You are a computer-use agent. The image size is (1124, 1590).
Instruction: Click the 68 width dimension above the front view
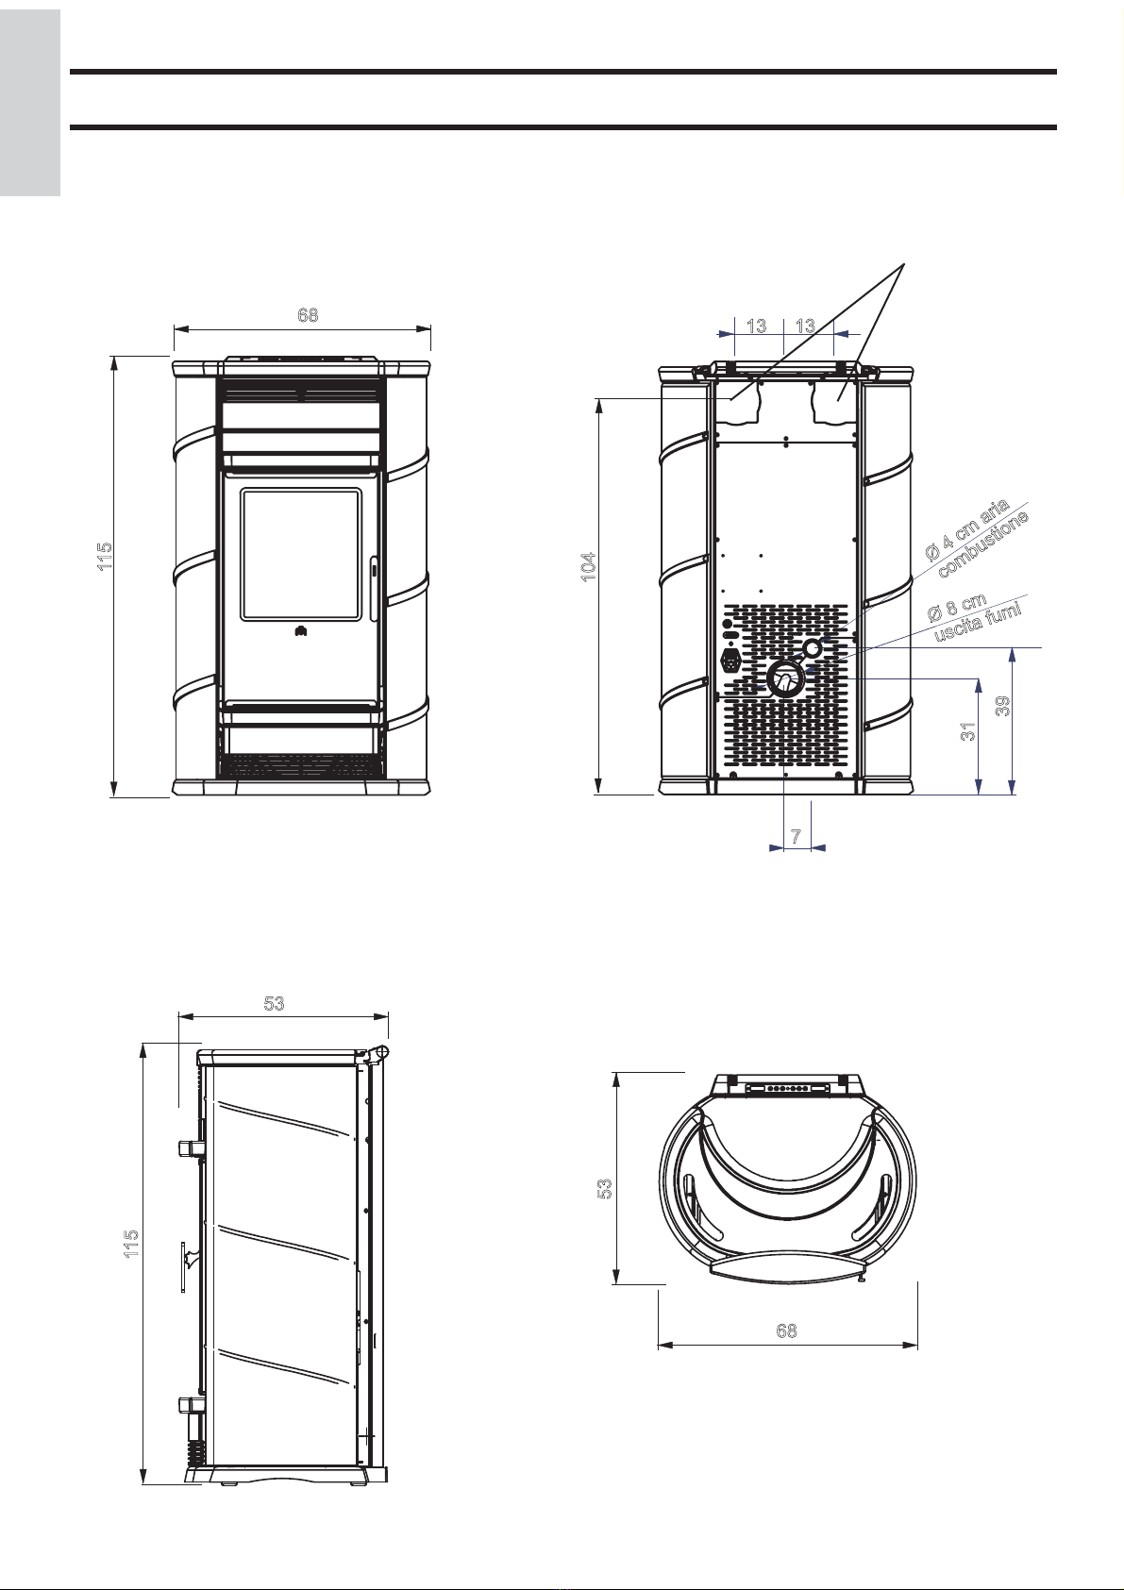[x=309, y=314]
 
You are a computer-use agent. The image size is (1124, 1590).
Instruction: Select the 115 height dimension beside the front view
[x=105, y=557]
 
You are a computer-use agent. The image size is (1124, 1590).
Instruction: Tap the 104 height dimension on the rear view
[x=589, y=567]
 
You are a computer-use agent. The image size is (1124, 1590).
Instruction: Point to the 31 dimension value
[x=968, y=732]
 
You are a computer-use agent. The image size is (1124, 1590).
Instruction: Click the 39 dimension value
[x=1002, y=706]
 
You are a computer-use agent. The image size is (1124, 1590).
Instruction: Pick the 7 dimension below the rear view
[x=796, y=836]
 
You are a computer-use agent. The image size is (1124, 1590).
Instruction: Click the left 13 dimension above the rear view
[x=757, y=326]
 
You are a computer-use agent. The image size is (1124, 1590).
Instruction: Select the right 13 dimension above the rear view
[x=805, y=326]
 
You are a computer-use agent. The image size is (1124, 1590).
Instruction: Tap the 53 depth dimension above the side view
[x=274, y=1003]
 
